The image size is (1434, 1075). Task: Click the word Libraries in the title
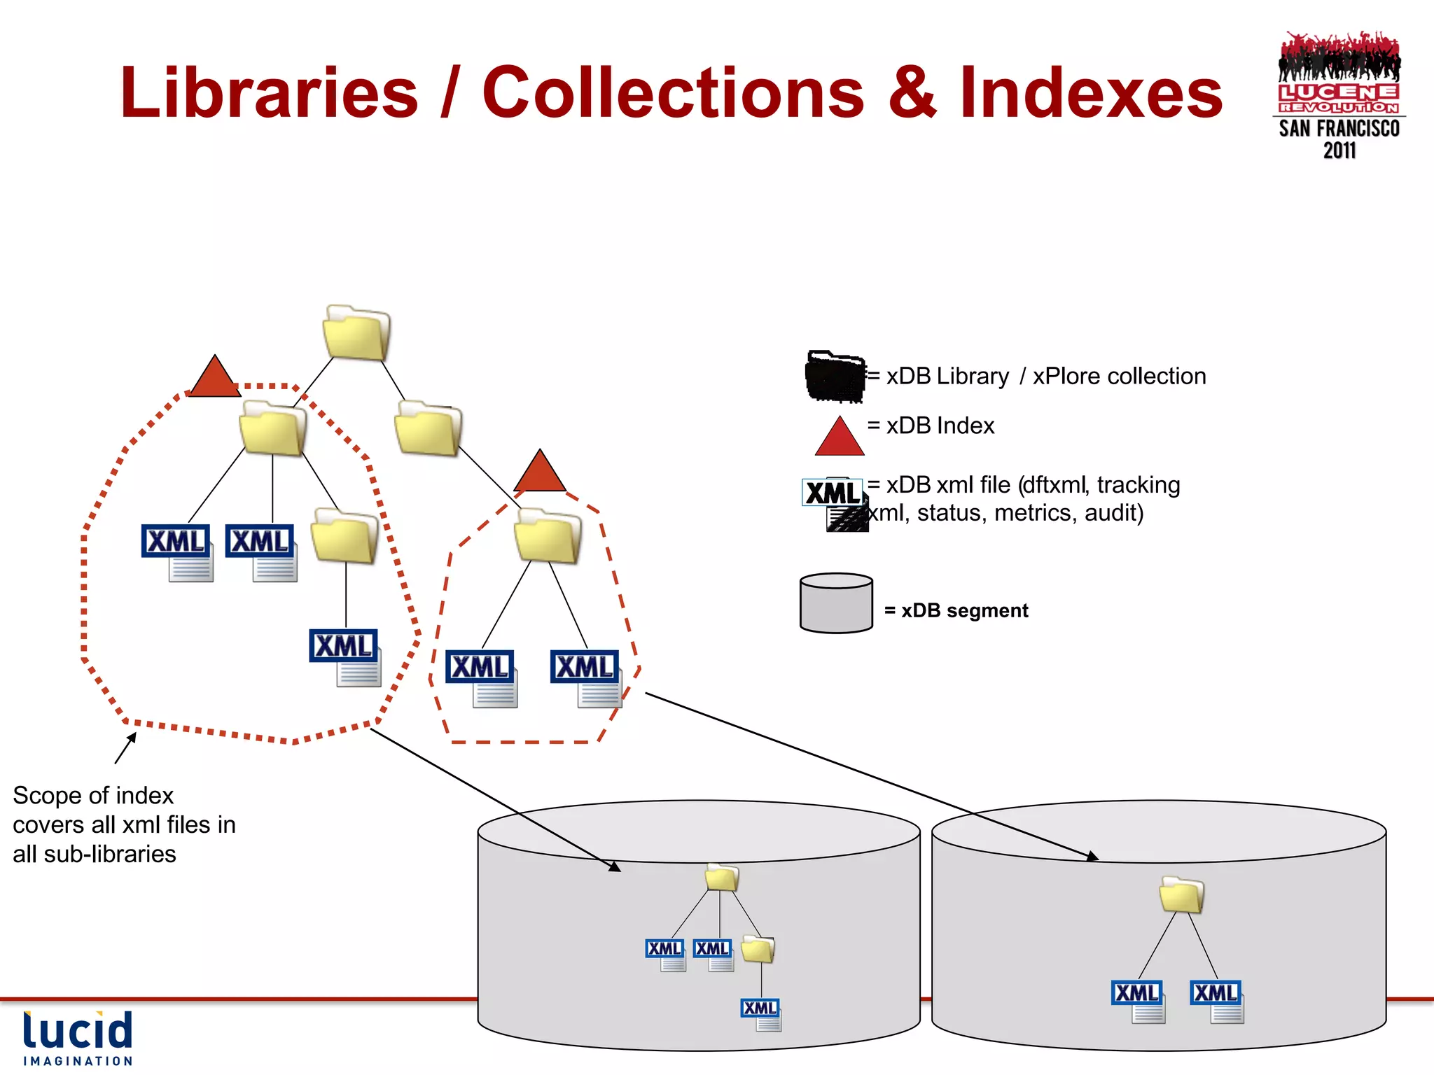(x=269, y=93)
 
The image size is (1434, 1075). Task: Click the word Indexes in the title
(x=1090, y=93)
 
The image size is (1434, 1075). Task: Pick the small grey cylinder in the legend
(x=836, y=603)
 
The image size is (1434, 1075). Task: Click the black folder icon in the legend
(x=835, y=377)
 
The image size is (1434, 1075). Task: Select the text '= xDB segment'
(x=956, y=610)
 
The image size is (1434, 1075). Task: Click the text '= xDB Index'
(x=931, y=426)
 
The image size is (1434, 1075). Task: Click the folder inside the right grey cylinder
(x=1181, y=895)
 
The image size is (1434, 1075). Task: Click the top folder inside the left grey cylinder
(x=722, y=878)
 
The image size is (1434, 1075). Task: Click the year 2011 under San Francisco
(x=1339, y=150)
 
